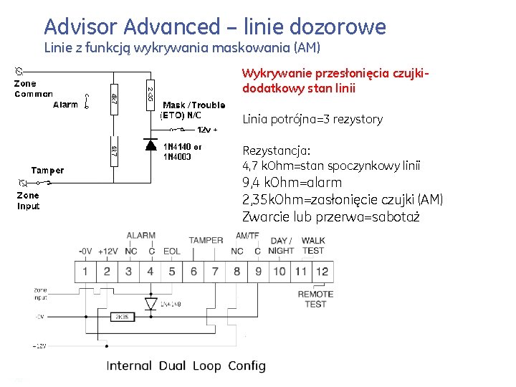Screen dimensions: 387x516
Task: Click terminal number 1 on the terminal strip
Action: click(85, 272)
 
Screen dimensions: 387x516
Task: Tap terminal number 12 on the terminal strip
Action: click(322, 272)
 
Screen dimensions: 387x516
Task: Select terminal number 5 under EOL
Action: click(172, 272)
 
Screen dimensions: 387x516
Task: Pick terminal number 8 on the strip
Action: click(236, 272)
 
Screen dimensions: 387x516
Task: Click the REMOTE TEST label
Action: click(315, 299)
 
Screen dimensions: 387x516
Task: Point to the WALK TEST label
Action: click(313, 246)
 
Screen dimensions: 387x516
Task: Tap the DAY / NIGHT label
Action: click(281, 246)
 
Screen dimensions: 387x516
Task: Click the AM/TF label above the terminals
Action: click(247, 236)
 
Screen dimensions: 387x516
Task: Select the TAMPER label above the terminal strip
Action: click(206, 240)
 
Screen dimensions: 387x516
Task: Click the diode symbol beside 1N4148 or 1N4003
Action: click(150, 144)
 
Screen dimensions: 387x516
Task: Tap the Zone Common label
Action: click(34, 89)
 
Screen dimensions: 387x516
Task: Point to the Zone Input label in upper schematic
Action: click(29, 201)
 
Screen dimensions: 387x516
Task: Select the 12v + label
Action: click(207, 130)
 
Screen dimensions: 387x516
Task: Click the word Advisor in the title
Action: click(80, 27)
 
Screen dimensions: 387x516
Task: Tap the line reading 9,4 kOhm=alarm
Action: click(292, 182)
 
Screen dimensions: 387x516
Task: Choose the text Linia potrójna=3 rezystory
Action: click(312, 119)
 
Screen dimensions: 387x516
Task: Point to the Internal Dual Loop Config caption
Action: click(186, 365)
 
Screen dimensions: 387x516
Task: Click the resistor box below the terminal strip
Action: click(123, 316)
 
